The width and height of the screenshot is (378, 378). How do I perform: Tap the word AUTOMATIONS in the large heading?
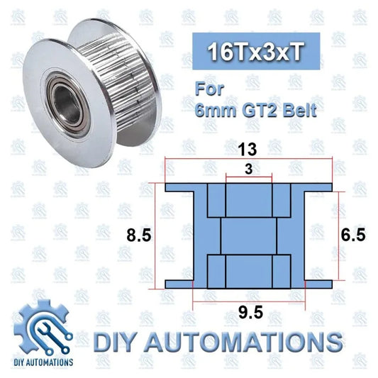pos(249,341)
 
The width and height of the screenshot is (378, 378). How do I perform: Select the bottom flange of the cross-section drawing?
pos(249,284)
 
